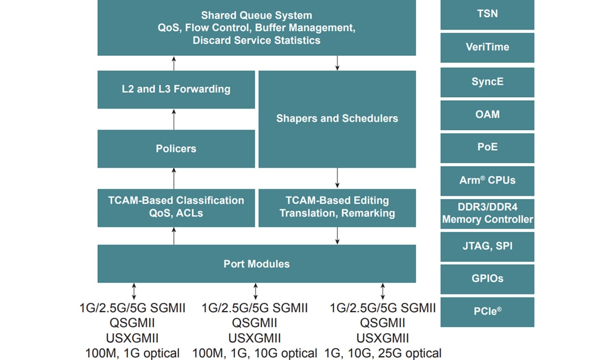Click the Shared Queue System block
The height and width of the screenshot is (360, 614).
point(256,28)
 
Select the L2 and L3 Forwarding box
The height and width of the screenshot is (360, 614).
point(176,89)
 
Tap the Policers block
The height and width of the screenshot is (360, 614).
point(176,148)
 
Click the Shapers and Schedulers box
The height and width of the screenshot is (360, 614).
point(337,119)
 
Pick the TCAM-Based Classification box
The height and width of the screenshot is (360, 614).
point(176,207)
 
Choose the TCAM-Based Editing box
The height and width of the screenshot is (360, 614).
point(337,207)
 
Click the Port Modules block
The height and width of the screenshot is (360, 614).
point(256,264)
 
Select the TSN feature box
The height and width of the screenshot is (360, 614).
point(487,15)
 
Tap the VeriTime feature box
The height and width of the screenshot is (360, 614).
point(487,48)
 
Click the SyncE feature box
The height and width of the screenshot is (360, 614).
point(487,82)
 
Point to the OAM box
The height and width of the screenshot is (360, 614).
point(487,115)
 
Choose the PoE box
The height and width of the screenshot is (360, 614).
point(487,147)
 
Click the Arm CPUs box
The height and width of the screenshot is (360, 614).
point(487,180)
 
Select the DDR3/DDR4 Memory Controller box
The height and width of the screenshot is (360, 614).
point(487,214)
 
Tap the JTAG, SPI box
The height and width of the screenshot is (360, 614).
point(487,247)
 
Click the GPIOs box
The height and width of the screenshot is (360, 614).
point(487,279)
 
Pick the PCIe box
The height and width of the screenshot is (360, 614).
point(487,312)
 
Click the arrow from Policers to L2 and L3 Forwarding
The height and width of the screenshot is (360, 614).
point(174,119)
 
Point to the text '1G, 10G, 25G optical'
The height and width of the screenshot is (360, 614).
point(383,353)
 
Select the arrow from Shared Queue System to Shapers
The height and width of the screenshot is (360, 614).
point(338,63)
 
